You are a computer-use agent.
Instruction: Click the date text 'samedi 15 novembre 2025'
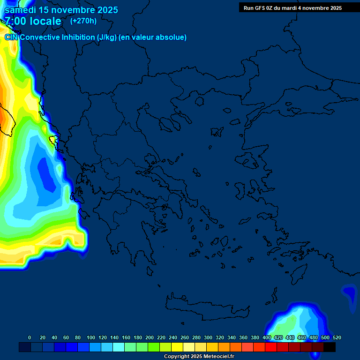tap(61, 10)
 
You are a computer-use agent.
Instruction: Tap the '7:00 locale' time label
tap(33, 21)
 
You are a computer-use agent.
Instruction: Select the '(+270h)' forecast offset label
tap(83, 21)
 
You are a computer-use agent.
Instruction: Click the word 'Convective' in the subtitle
tap(40, 37)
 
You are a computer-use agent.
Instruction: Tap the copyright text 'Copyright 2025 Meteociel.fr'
tap(199, 357)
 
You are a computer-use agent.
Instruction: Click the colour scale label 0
tap(30, 337)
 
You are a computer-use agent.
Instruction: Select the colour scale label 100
tap(91, 337)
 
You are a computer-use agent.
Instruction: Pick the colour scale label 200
tap(150, 337)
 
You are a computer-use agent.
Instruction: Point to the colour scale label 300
tap(208, 337)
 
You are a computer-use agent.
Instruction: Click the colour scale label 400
tap(267, 337)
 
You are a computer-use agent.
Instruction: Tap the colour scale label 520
tap(337, 337)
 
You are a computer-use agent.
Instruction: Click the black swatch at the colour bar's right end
tap(330, 347)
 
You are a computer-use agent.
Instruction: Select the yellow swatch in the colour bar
tap(177, 347)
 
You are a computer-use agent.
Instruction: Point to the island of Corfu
tap(53, 139)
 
